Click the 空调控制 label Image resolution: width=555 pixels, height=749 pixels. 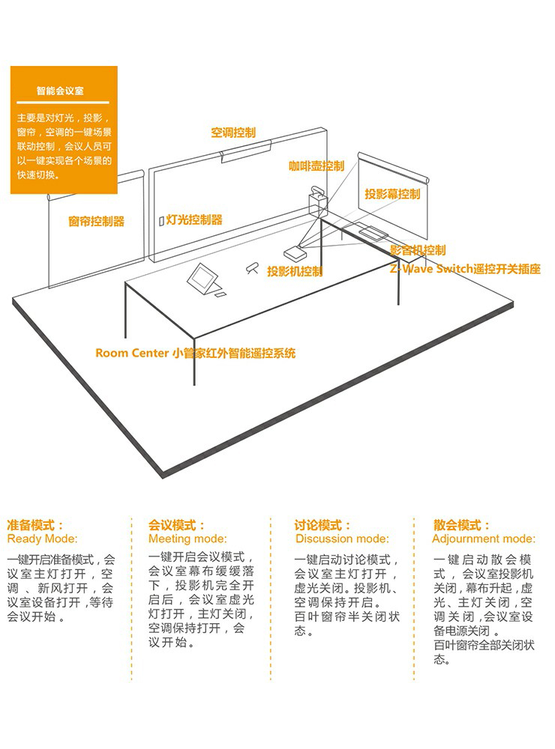click(x=233, y=133)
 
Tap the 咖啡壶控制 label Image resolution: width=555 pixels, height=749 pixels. click(x=316, y=166)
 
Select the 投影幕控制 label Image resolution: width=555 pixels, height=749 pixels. click(x=392, y=193)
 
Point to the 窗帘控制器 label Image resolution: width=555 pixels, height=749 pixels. click(x=96, y=221)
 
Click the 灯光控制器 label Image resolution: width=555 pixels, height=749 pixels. click(x=194, y=219)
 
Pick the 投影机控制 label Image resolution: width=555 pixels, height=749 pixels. click(x=295, y=271)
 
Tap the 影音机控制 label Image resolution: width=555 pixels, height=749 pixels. click(x=418, y=250)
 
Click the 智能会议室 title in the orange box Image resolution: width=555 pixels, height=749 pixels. click(x=60, y=91)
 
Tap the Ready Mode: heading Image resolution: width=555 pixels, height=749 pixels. click(x=42, y=539)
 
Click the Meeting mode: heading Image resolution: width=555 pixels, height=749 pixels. click(x=187, y=539)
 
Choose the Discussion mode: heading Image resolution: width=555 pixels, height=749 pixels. click(x=342, y=539)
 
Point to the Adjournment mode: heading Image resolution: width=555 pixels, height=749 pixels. click(x=484, y=539)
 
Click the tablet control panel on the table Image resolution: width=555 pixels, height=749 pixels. click(x=204, y=279)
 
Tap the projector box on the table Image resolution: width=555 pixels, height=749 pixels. click(x=295, y=252)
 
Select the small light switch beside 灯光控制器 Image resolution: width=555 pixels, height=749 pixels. click(x=162, y=221)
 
